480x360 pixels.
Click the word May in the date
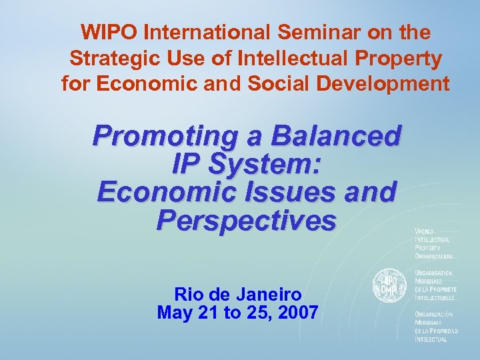(x=173, y=312)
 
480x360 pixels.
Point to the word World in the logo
(x=425, y=231)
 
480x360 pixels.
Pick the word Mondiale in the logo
(x=429, y=281)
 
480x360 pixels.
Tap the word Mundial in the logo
(x=427, y=322)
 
